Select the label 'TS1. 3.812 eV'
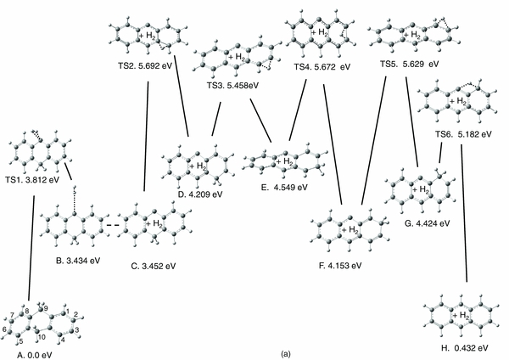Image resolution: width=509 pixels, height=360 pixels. point(34,179)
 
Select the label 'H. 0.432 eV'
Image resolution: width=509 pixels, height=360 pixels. point(460,347)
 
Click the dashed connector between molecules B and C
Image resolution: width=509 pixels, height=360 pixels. point(108,225)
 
